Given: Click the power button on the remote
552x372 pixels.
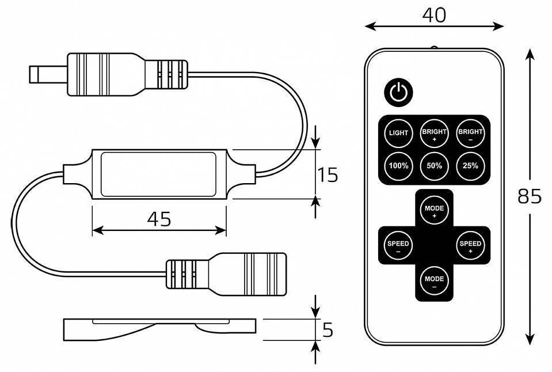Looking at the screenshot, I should tap(398, 92).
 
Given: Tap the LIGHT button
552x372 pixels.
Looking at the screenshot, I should tap(398, 133).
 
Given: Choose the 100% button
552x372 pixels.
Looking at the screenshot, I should tap(398, 166).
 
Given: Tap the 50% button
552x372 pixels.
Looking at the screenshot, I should tap(434, 166).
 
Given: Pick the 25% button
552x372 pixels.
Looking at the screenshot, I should tap(470, 166).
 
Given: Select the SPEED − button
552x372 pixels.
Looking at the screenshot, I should tap(398, 246).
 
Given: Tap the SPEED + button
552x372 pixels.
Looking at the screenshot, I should tap(470, 246).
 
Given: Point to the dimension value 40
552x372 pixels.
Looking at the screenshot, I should tap(434, 15).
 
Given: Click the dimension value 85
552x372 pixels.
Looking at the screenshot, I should tap(529, 197).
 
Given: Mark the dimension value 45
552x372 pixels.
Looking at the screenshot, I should tap(159, 219).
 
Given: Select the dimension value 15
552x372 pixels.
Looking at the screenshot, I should tap(328, 174).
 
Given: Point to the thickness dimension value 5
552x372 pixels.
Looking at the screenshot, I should tap(328, 330).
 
